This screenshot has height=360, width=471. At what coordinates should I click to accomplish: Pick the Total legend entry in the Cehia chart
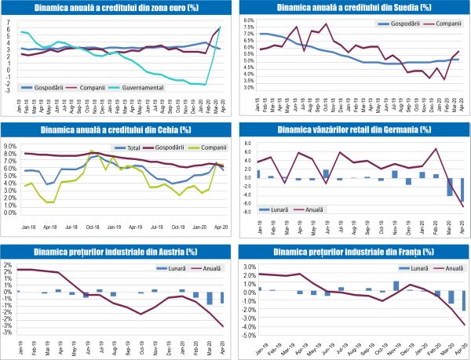tap(128, 147)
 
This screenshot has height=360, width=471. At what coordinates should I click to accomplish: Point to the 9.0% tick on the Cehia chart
tap(14, 145)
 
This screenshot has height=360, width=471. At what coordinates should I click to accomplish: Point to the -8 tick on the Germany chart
tap(250, 212)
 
